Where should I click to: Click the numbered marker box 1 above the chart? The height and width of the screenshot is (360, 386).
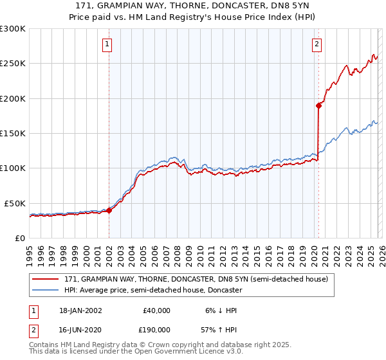[107, 44]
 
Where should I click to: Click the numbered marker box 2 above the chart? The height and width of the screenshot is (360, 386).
[317, 44]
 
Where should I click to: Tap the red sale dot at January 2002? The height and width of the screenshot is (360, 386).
[109, 210]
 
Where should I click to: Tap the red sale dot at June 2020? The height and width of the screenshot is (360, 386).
[318, 105]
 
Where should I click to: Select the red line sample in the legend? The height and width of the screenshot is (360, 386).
[46, 279]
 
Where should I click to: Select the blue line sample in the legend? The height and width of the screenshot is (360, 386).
[46, 290]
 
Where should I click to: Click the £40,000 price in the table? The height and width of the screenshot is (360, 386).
[155, 310]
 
